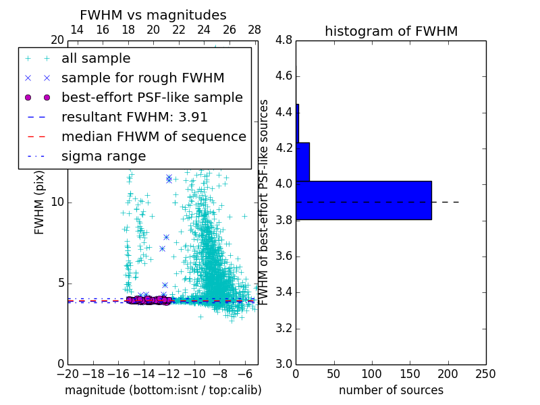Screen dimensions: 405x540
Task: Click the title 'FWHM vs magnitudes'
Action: tap(153, 15)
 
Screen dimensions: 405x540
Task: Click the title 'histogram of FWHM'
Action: tap(391, 31)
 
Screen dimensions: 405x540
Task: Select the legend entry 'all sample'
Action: tap(96, 58)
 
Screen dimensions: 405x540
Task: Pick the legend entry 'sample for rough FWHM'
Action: tap(142, 78)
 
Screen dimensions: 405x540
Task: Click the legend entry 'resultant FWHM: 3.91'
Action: tap(134, 117)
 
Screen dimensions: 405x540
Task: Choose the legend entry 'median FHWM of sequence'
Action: tap(153, 136)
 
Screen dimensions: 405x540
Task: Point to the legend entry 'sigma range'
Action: tap(103, 156)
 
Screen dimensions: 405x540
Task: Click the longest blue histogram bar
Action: tap(363, 200)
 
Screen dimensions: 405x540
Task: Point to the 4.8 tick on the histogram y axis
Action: tap(284, 40)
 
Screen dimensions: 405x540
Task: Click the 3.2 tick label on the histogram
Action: tap(284, 328)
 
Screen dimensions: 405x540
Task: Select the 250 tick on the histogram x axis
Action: tap(485, 373)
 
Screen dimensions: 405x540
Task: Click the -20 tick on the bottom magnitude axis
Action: tap(67, 373)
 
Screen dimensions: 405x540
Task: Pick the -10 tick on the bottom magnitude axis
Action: tap(194, 373)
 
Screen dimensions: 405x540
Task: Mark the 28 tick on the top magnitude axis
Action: tap(254, 30)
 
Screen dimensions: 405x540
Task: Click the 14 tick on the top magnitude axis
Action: tap(77, 30)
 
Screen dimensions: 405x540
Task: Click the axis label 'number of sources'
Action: tap(391, 390)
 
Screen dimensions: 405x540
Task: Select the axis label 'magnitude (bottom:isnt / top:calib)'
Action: tap(163, 390)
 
